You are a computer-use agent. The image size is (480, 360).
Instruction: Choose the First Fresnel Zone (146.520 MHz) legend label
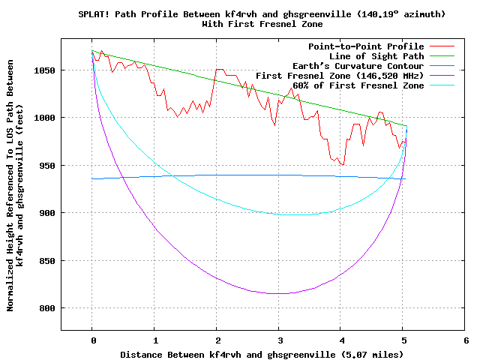[340, 76]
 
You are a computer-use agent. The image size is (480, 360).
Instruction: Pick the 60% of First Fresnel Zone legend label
[358, 85]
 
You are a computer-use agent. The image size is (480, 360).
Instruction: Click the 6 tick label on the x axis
[466, 340]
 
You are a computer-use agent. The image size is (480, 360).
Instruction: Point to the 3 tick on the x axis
[279, 340]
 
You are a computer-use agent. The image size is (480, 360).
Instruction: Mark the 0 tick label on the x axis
[92, 340]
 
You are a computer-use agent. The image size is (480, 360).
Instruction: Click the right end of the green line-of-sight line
[406, 126]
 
